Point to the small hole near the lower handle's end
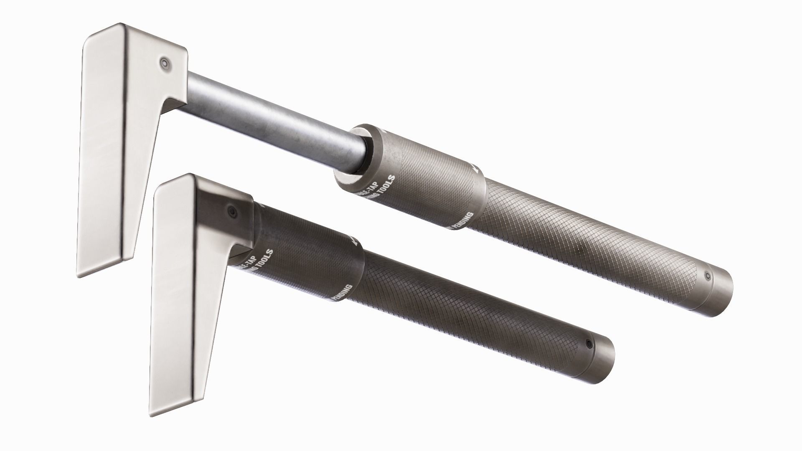[589, 344]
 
